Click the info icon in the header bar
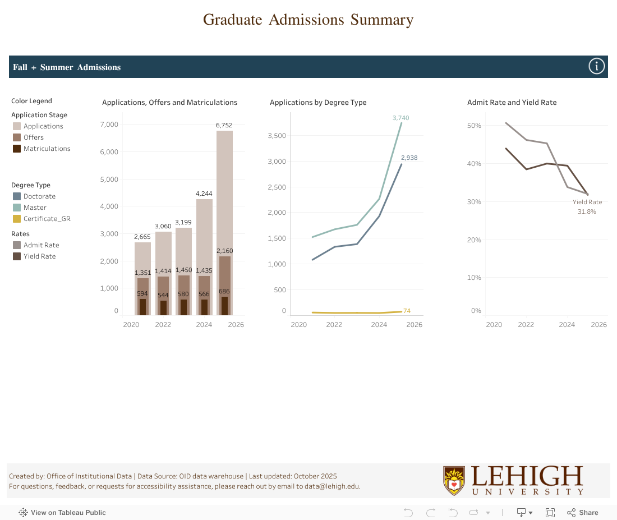tap(596, 67)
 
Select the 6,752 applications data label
tap(224, 125)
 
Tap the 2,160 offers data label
tap(224, 251)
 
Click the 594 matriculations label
tap(142, 293)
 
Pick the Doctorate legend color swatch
tap(17, 196)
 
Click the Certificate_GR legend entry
tap(47, 219)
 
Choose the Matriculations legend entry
tap(47, 149)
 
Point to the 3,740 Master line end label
tap(401, 118)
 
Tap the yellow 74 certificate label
tap(407, 311)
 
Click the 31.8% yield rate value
tap(587, 211)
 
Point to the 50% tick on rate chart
tap(474, 126)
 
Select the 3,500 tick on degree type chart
tap(277, 136)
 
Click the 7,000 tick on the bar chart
tap(109, 124)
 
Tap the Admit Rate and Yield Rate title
tap(512, 103)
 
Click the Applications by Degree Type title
tap(318, 103)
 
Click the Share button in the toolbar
tap(583, 513)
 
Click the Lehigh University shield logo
tap(454, 481)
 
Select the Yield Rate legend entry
tap(39, 256)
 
